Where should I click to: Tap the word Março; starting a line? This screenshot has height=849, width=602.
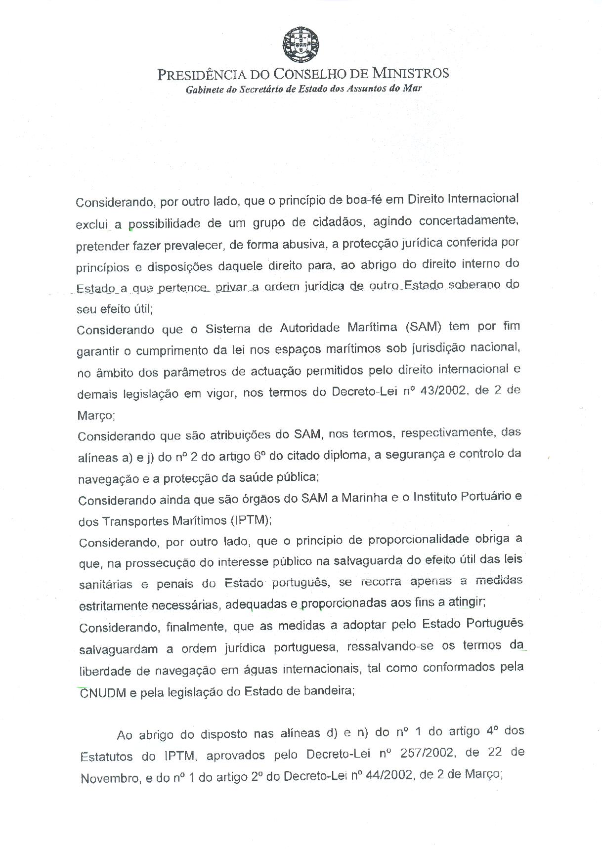tap(96, 416)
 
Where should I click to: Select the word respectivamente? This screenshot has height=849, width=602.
tap(447, 433)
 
